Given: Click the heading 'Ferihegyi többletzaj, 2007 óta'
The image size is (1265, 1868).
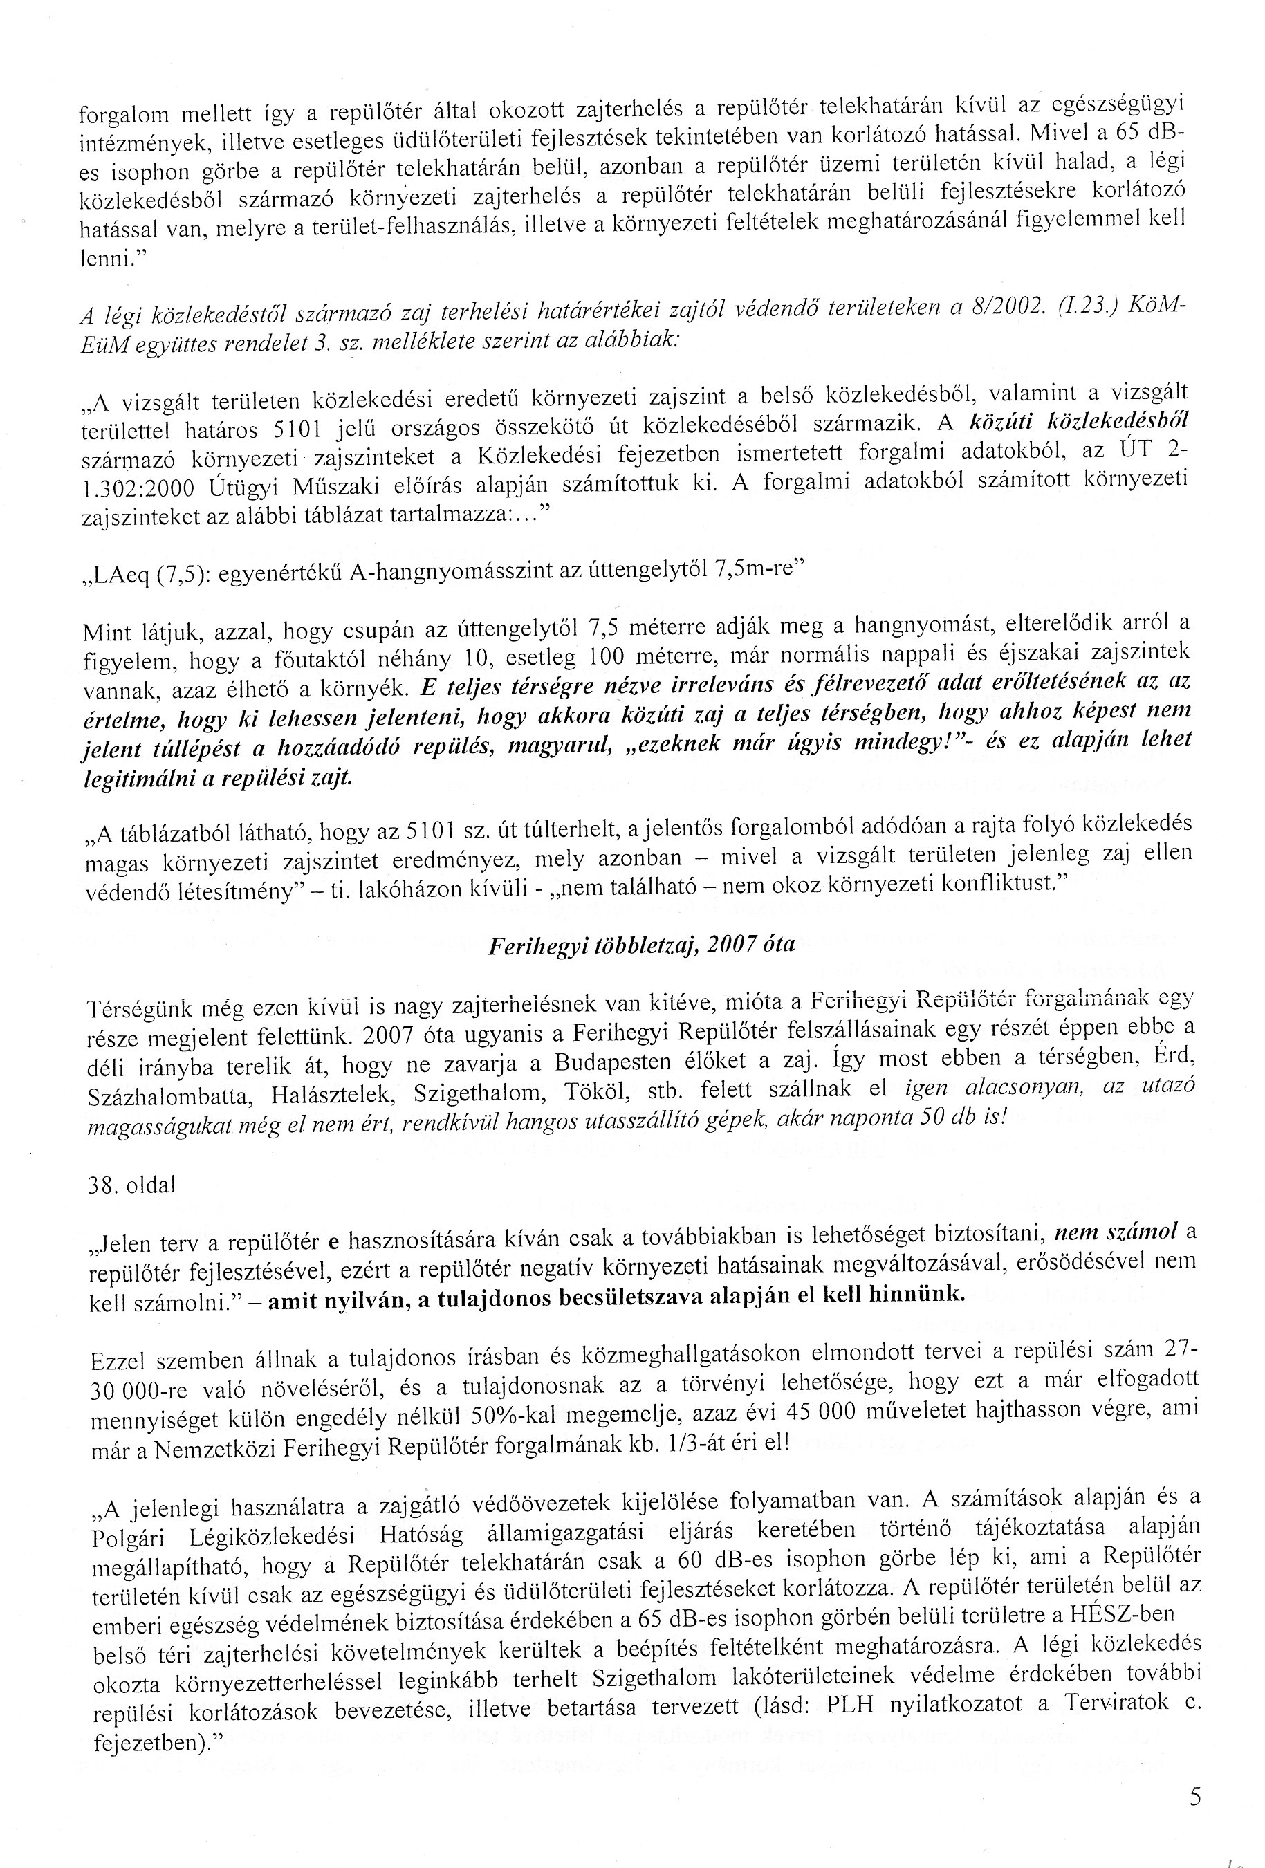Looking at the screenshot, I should pos(640,945).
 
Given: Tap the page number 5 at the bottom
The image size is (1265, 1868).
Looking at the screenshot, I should pos(1195,1795).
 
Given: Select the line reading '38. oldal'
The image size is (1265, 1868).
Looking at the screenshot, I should pos(130,1185).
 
